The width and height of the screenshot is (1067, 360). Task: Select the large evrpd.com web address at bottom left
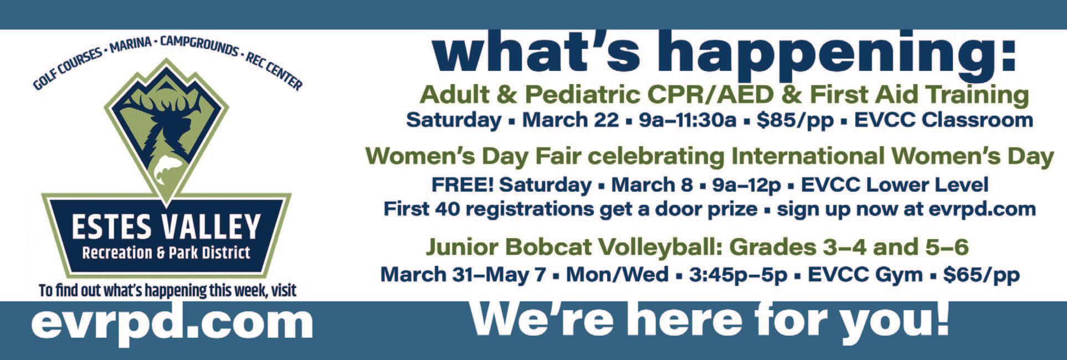[172, 324]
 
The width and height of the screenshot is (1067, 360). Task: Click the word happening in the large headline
[830, 53]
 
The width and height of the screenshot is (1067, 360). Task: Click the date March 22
[570, 120]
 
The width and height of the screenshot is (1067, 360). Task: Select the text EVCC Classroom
[943, 120]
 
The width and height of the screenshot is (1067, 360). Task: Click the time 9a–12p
[746, 185]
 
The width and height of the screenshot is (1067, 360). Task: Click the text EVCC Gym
[865, 275]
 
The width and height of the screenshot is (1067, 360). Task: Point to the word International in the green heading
[808, 156]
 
